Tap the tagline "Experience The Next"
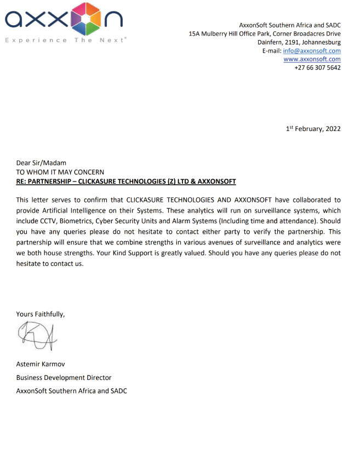[65, 40]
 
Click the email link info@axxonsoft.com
[312, 50]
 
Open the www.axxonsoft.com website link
[312, 59]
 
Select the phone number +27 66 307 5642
[317, 67]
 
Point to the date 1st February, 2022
[313, 129]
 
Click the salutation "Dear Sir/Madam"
[41, 162]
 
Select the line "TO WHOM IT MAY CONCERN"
[60, 172]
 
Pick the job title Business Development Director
[64, 378]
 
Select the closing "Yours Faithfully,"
[41, 314]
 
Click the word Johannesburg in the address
[321, 42]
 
